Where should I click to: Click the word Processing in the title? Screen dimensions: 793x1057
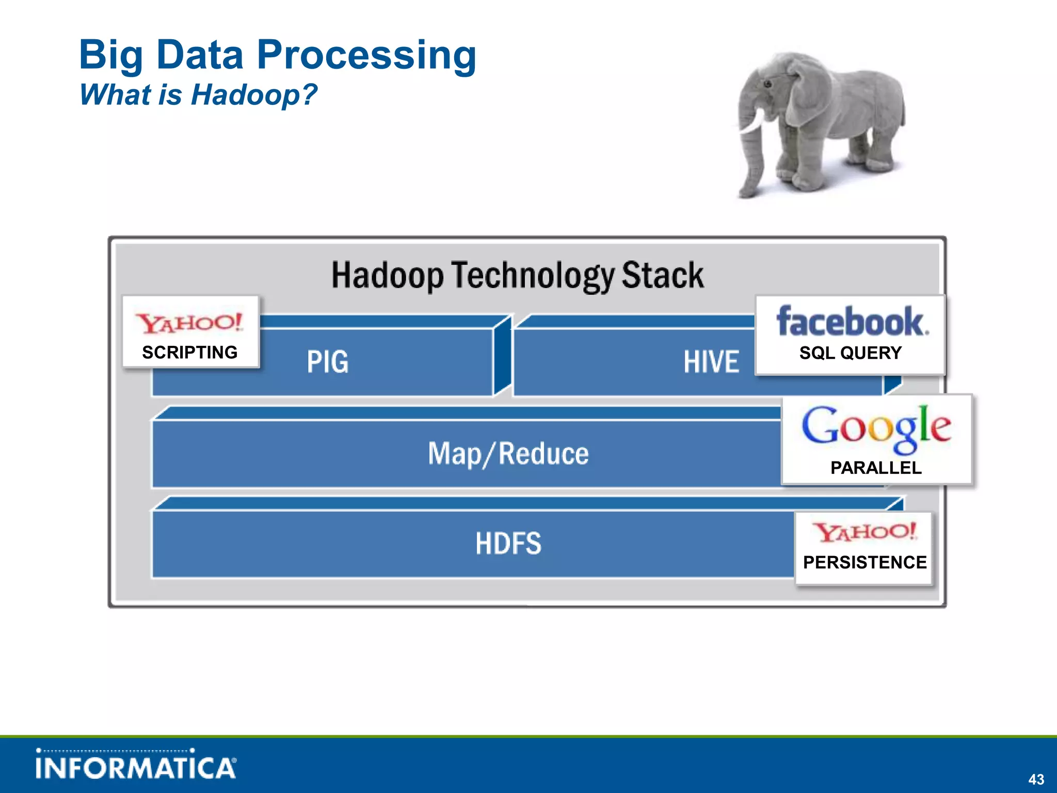click(366, 56)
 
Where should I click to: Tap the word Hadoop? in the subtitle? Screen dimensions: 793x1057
click(254, 95)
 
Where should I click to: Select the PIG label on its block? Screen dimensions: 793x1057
click(328, 361)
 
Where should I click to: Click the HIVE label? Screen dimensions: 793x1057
click(711, 361)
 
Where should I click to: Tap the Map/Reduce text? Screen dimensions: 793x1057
click(508, 454)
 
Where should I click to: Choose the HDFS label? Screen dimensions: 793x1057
click(508, 544)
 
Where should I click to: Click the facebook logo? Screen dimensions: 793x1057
click(852, 321)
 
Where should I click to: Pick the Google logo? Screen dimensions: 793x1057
click(876, 427)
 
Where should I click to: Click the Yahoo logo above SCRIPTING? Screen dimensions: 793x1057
click(189, 323)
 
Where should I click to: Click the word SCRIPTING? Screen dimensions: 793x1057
click(190, 353)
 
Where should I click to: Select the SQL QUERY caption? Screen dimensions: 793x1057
click(851, 353)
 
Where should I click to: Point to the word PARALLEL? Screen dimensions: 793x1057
click(876, 468)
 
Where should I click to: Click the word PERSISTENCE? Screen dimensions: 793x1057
click(865, 562)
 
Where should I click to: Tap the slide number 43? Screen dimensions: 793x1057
click(1036, 779)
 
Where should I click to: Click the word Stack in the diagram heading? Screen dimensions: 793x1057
click(662, 275)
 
